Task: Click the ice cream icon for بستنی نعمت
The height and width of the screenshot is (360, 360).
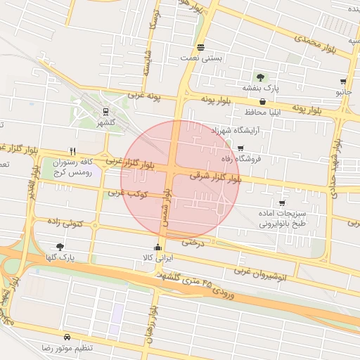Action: (201, 48)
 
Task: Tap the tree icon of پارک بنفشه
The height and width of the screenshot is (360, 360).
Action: (260, 77)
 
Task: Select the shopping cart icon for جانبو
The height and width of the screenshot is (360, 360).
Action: (343, 82)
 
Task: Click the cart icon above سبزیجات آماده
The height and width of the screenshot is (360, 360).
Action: (282, 202)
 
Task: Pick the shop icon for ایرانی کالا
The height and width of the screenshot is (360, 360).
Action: (157, 247)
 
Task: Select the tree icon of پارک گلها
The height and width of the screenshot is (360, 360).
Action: (59, 247)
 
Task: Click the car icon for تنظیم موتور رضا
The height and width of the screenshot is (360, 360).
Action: (67, 337)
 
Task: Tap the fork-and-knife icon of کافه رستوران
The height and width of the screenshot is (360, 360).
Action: (72, 151)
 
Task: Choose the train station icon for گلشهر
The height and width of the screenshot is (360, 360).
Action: (105, 111)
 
